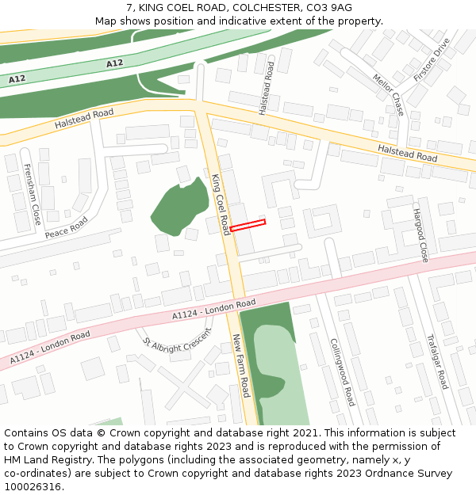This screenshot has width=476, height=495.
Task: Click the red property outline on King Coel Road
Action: (248, 226)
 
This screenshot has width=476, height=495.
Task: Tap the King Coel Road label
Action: (220, 204)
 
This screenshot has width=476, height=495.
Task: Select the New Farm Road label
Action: (241, 365)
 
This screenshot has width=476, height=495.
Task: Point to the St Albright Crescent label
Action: (178, 338)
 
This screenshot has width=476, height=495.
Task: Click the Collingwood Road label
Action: (343, 371)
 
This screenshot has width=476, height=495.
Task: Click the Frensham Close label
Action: (32, 194)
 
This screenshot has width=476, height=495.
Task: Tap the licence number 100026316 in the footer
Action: (34, 486)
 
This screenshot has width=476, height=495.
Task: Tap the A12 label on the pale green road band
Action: (114, 63)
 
